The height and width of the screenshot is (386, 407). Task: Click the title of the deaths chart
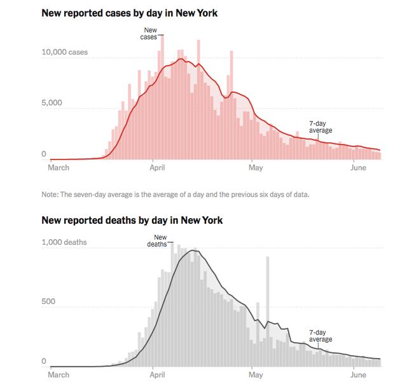132,221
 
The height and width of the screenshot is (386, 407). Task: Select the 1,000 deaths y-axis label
64,242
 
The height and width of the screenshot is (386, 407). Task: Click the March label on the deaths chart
59,375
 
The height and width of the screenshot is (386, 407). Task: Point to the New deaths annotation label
158,241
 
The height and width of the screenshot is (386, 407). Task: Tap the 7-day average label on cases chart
320,127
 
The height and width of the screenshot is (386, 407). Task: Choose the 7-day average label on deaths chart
320,336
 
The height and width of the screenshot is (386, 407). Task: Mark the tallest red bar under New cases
162,95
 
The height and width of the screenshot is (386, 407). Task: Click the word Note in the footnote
50,195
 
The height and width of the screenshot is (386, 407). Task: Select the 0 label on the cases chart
43,154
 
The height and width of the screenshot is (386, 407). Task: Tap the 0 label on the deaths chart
43,361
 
